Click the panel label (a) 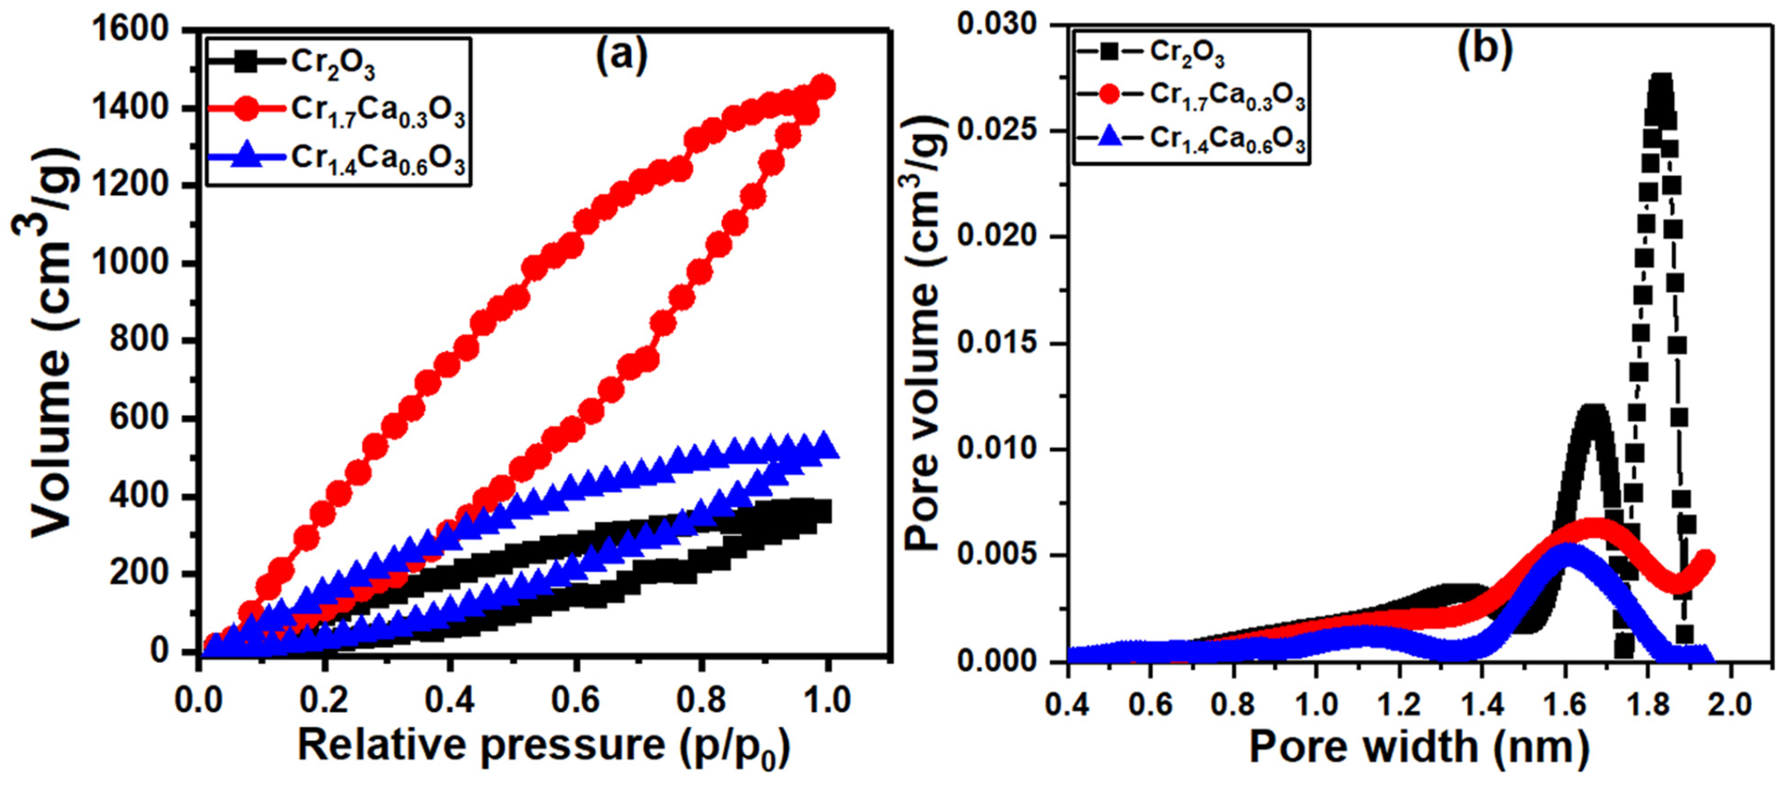click(x=621, y=55)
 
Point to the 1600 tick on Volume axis click(x=132, y=30)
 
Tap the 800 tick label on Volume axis click(x=139, y=341)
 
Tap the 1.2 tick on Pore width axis click(x=1399, y=704)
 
